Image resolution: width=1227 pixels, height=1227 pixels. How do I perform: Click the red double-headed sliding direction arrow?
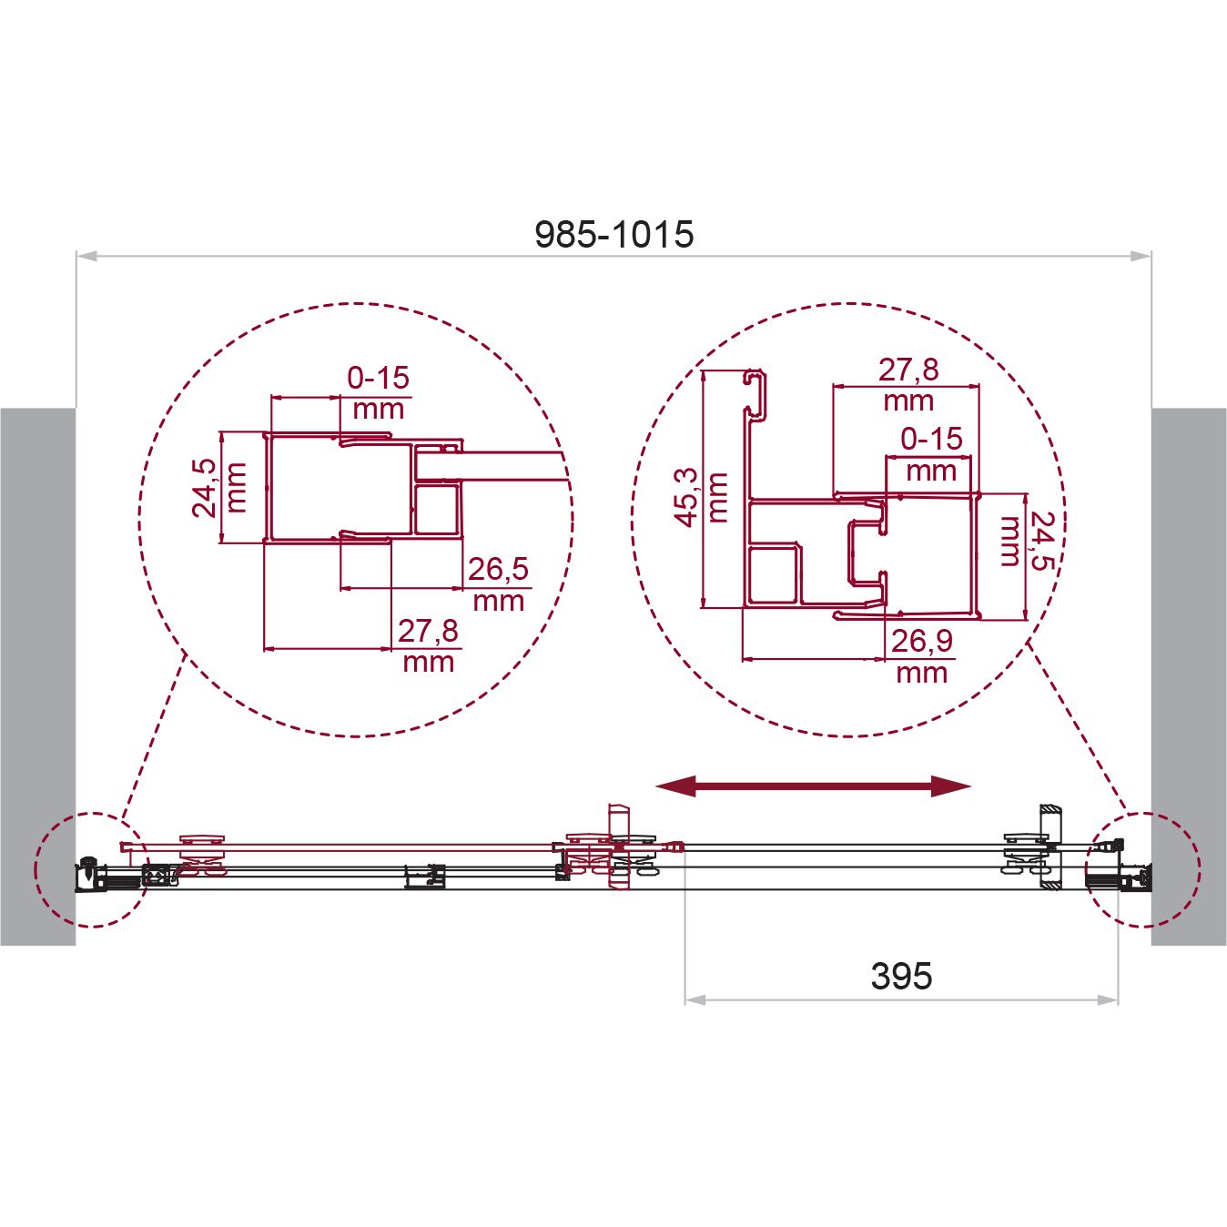tap(814, 786)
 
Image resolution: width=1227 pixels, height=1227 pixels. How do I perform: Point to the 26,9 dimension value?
tap(921, 641)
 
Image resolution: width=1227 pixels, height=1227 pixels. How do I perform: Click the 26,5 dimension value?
tap(498, 569)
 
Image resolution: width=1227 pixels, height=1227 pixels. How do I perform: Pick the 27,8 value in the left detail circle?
tap(428, 631)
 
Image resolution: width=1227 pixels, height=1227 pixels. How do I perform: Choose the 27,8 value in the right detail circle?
tap(908, 370)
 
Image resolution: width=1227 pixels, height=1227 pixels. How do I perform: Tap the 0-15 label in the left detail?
tap(379, 378)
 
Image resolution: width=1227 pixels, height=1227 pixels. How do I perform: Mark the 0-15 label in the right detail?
tap(931, 439)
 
